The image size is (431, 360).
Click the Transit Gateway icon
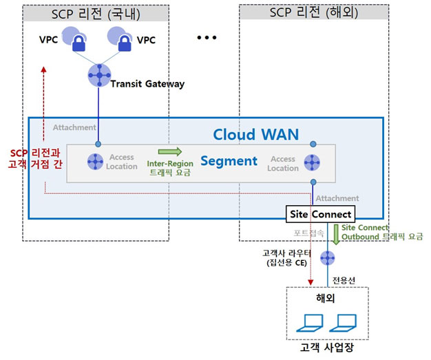[x=99, y=75]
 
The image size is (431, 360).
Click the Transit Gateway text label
[x=147, y=84]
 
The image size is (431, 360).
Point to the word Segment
[x=228, y=162]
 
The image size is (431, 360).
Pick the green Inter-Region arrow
[x=169, y=151]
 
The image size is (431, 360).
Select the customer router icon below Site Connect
[x=328, y=257]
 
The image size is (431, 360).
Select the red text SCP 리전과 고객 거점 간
[x=32, y=158]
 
